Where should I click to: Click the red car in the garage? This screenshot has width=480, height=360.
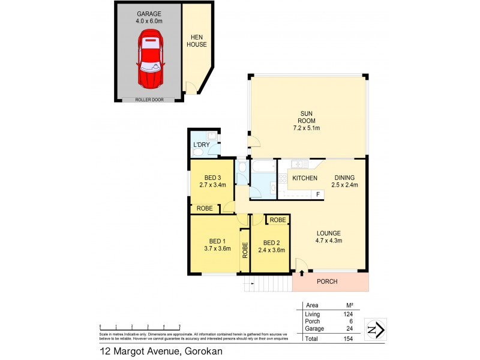149,59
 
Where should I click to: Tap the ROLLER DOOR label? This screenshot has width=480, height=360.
149,100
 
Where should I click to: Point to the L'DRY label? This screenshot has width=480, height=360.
201,145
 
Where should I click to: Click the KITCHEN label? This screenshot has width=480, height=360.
304,178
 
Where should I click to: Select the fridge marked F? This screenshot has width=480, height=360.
318,194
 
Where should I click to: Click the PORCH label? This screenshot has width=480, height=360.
327,282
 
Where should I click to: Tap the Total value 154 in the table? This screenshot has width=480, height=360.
347,338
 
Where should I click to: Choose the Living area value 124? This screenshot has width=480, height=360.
347,314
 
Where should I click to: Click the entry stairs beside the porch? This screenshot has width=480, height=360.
267,284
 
